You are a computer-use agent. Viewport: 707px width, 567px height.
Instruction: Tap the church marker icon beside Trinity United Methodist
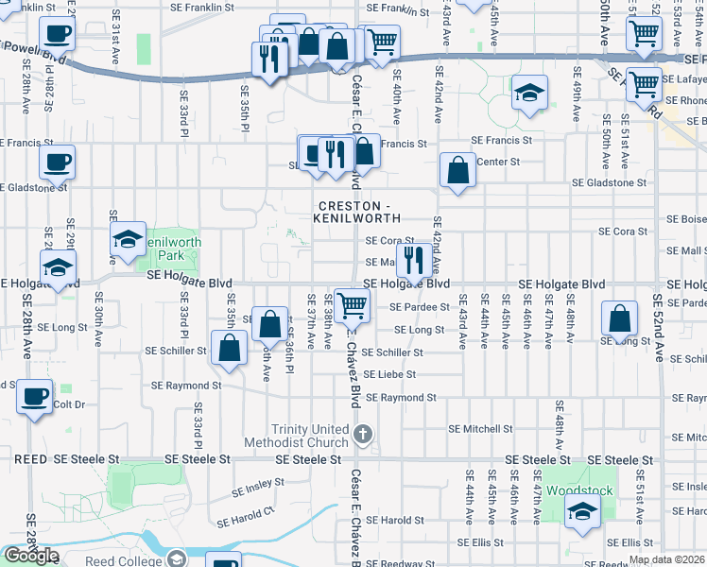click(x=364, y=435)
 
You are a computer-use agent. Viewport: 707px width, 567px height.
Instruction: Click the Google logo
click(x=31, y=556)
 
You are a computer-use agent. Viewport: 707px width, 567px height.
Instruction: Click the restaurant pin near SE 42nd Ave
click(x=414, y=259)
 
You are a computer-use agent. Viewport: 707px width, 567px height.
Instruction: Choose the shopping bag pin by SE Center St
click(x=457, y=171)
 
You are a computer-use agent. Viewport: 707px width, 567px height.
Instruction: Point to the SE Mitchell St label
click(x=480, y=428)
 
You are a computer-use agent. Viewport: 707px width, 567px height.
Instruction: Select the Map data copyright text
click(x=667, y=559)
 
